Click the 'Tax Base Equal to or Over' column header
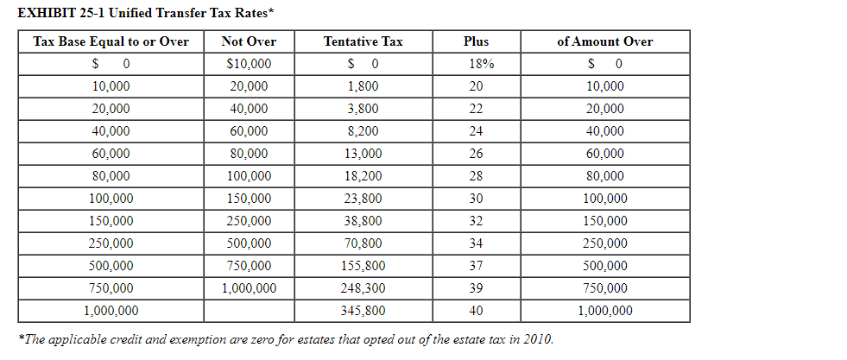[x=111, y=41]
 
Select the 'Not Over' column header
[x=249, y=41]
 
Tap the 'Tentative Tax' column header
[x=363, y=41]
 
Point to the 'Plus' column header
[x=476, y=41]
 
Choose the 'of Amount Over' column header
[x=604, y=41]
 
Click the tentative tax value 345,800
[x=363, y=311]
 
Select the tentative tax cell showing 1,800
[x=363, y=86]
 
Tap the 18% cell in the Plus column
[x=476, y=64]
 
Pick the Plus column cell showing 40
[x=476, y=311]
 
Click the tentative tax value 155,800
[x=363, y=266]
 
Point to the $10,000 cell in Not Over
[x=249, y=64]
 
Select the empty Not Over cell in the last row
[x=249, y=311]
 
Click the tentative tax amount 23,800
[x=363, y=199]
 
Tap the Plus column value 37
[x=476, y=266]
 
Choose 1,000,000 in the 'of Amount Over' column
[x=604, y=311]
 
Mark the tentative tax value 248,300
[x=363, y=288]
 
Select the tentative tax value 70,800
[x=363, y=243]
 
